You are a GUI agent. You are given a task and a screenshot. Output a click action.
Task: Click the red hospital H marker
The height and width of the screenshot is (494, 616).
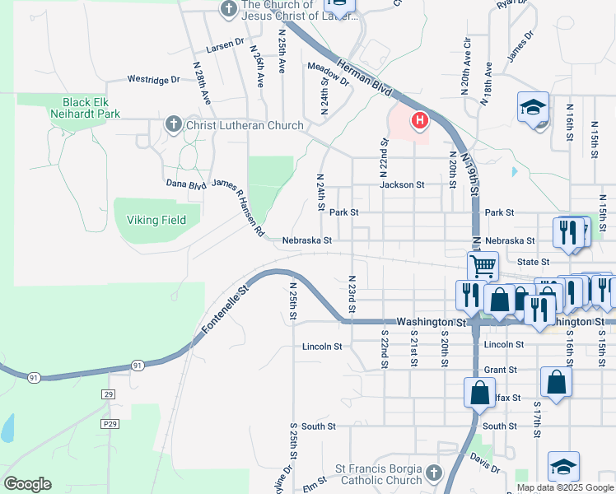(420, 122)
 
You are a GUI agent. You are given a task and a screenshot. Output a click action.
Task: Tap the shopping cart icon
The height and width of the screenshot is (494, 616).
(483, 266)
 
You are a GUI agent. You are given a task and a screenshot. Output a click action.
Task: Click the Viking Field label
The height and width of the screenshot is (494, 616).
(156, 220)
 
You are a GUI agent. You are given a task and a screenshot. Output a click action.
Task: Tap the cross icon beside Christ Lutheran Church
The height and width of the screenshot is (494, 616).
(173, 125)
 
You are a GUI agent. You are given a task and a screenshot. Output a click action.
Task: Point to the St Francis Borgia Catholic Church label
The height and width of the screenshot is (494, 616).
(378, 474)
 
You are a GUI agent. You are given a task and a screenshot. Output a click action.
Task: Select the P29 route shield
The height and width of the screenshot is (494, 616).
(110, 423)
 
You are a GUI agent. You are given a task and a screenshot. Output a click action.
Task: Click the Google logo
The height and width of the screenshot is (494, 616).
(27, 484)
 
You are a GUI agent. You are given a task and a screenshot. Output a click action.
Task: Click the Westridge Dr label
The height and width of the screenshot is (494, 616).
(153, 80)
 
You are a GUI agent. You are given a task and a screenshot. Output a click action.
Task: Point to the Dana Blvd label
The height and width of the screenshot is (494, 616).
(185, 184)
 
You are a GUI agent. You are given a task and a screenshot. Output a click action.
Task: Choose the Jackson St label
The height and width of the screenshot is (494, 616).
(402, 185)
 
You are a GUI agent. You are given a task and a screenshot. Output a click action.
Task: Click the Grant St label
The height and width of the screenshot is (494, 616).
(501, 370)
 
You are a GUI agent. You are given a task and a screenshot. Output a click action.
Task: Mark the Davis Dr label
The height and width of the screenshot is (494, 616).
(485, 462)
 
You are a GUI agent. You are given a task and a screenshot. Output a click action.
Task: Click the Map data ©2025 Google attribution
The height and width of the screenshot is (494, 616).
(564, 487)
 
